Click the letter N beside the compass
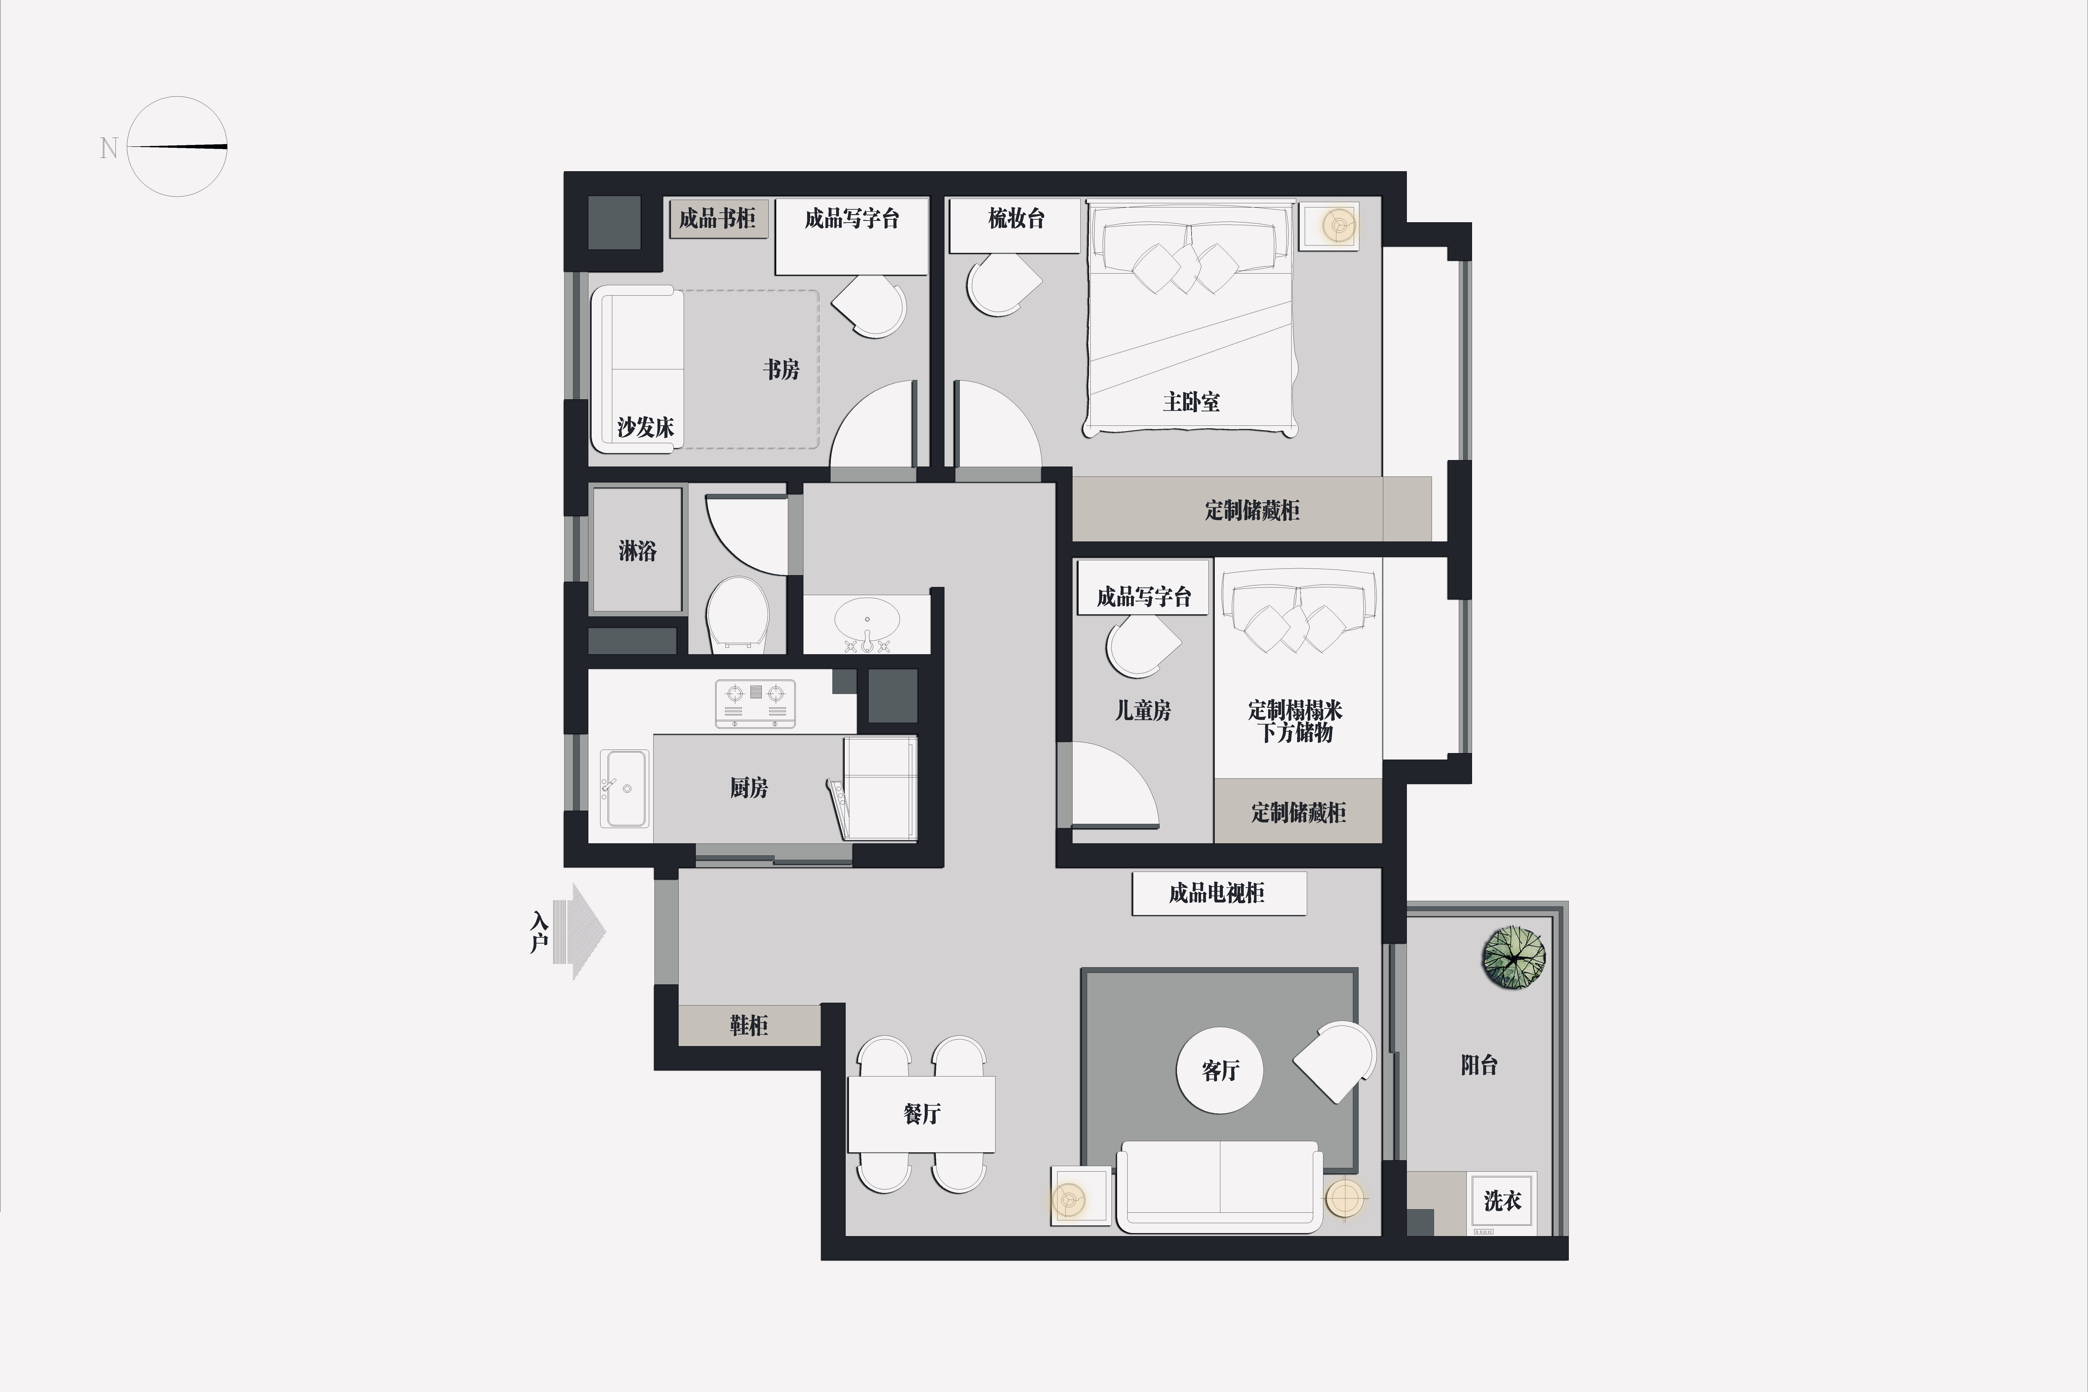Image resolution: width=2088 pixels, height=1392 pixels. (x=108, y=147)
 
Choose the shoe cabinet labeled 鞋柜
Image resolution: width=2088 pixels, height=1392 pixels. (x=749, y=1025)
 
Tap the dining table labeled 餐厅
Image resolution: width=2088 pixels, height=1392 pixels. (x=922, y=1114)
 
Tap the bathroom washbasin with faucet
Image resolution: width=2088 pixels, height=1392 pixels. (x=867, y=622)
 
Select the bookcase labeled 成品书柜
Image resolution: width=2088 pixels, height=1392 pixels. (x=717, y=218)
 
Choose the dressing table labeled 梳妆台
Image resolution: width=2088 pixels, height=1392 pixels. (x=1016, y=226)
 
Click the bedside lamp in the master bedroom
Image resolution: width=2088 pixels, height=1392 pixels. (x=1338, y=226)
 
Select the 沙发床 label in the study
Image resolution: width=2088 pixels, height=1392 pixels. (x=645, y=428)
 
